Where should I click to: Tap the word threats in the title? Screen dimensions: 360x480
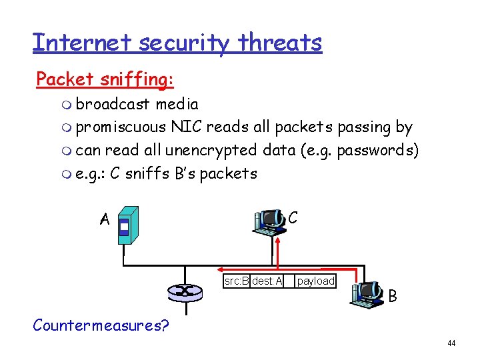(x=280, y=43)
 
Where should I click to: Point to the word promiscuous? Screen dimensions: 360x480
(x=121, y=127)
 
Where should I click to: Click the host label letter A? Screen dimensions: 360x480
(x=105, y=219)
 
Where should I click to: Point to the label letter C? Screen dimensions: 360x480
(x=293, y=217)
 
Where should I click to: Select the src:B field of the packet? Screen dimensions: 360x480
(x=237, y=281)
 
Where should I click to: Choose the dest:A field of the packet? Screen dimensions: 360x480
(x=267, y=281)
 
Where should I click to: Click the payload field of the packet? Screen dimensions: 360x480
(x=315, y=281)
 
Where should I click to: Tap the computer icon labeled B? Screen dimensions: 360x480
(x=367, y=293)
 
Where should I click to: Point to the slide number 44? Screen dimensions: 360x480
(x=451, y=343)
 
